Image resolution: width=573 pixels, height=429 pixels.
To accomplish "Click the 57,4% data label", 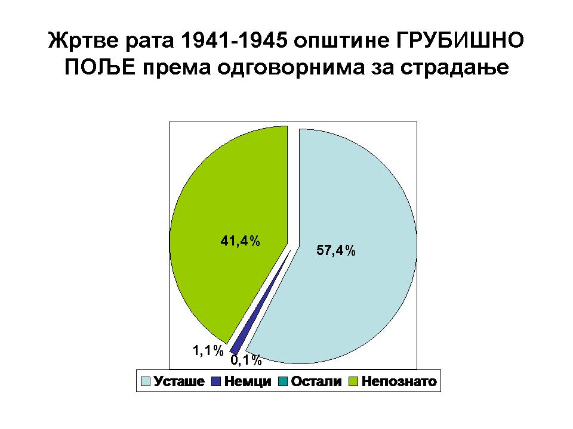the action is tap(336, 251).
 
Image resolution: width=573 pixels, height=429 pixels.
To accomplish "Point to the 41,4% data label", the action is tap(240, 241).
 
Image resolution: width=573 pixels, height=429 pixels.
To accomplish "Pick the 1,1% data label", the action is tap(208, 350).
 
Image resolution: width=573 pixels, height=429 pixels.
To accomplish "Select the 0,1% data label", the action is tap(246, 360).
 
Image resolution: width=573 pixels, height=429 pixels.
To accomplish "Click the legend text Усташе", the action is tap(179, 381).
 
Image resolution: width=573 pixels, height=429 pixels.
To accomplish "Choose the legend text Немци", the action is tap(248, 381).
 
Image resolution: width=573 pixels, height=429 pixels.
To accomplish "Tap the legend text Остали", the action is tap(316, 381).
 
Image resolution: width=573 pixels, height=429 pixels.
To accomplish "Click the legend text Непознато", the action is tap(399, 381).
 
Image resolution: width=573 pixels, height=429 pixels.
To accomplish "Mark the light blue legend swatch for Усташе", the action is tap(146, 381).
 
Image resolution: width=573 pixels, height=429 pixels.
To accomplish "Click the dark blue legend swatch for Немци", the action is tap(216, 381).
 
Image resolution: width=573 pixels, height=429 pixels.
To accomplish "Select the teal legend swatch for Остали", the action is tap(283, 381).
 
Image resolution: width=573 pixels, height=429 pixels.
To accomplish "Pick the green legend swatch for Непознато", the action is tap(353, 381).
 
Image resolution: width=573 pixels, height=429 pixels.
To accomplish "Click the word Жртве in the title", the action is tap(84, 41).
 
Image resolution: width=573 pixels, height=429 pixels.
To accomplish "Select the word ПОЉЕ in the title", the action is tap(100, 67).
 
